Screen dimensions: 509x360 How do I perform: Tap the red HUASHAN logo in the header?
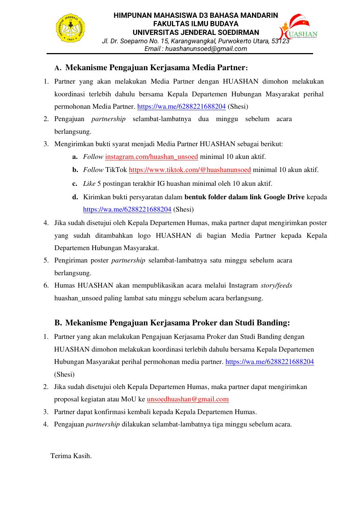pos(298,27)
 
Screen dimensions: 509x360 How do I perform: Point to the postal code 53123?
pos(280,41)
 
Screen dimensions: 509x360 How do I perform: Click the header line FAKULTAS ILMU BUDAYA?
pos(196,24)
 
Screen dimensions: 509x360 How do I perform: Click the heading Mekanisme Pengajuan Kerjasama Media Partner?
pos(156,68)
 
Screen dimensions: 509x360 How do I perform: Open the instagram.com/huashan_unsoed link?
pos(151,157)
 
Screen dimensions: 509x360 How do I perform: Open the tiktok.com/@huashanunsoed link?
pos(190,170)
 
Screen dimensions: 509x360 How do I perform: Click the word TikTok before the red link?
pos(116,170)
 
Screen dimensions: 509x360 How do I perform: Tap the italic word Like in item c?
pos(89,184)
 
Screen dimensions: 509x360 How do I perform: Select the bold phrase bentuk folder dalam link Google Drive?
pos(244,197)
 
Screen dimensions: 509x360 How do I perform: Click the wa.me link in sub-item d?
pos(127,209)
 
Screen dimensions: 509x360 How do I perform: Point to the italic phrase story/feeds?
pos(276,285)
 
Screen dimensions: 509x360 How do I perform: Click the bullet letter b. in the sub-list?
pos(75,170)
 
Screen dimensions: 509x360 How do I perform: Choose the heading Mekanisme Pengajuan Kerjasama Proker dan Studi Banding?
pos(177,323)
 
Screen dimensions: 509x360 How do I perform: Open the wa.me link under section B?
pos(269,362)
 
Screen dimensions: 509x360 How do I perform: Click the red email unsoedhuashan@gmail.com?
pos(188,399)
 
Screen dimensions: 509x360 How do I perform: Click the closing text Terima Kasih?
pos(71,456)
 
